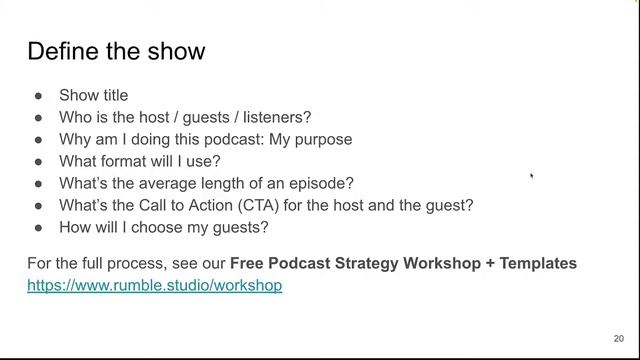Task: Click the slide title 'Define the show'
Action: (116, 51)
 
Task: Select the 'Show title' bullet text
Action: (94, 96)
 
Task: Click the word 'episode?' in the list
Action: (322, 184)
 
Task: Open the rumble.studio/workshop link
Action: (155, 286)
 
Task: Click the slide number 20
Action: (618, 338)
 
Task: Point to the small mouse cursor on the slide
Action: (532, 176)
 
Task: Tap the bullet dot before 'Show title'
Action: (38, 96)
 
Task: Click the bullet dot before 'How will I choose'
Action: (38, 228)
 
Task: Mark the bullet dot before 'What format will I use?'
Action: (38, 162)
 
